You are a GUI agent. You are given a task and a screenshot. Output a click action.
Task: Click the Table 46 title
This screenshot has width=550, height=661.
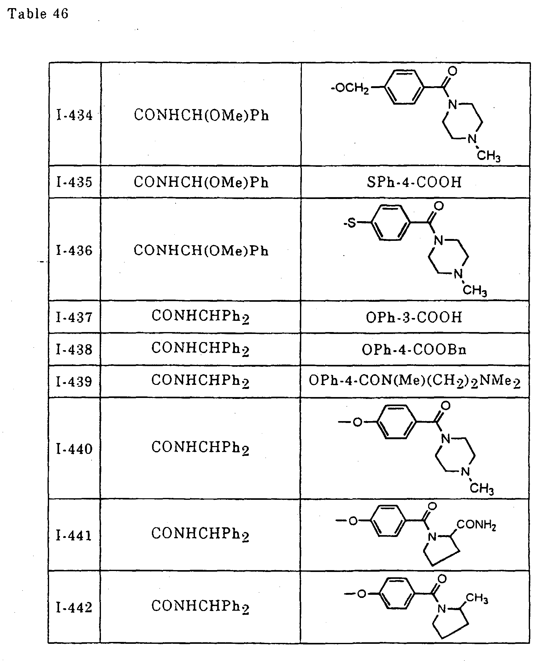[38, 14]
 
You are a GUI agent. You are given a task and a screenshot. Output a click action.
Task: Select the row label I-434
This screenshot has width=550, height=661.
[74, 115]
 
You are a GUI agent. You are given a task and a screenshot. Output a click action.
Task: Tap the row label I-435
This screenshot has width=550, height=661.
[74, 182]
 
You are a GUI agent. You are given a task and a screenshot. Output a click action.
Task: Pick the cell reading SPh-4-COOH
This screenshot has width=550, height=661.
[414, 182]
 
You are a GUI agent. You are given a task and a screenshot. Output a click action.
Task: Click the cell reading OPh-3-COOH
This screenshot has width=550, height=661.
[414, 317]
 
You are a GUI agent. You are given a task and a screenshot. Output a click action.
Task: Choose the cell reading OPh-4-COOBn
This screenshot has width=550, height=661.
[414, 349]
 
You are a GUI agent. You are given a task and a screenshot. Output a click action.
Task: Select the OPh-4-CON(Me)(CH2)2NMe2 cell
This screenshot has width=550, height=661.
[415, 381]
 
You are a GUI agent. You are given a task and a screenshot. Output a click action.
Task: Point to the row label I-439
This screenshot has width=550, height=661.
[74, 381]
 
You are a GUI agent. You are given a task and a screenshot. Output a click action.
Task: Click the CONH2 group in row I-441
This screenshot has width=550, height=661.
[476, 525]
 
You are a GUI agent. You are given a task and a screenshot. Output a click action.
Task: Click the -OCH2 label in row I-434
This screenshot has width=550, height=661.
[349, 88]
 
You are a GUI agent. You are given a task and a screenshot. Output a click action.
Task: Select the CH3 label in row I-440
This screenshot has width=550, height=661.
[482, 488]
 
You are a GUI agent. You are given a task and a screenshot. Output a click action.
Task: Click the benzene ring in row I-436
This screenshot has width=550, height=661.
[391, 223]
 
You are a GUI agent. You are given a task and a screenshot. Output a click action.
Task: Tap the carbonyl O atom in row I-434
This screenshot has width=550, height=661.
[452, 71]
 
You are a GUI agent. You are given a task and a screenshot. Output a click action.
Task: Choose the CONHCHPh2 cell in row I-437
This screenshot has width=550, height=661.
[200, 317]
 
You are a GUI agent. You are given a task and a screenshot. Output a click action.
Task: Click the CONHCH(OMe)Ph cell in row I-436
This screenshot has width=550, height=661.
[201, 251]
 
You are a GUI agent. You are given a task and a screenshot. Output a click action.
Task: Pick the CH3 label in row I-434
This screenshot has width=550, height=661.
[489, 156]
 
